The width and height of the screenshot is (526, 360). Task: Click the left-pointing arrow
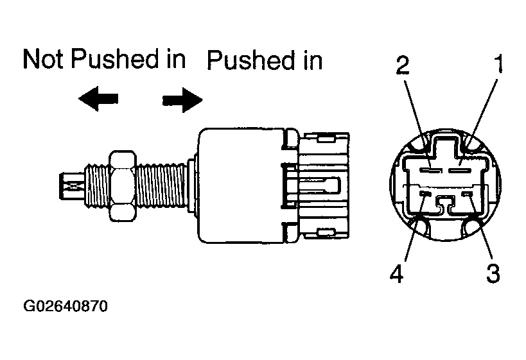(x=98, y=98)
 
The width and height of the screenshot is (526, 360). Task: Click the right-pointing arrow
(x=182, y=100)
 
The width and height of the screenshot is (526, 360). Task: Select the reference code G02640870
(x=66, y=305)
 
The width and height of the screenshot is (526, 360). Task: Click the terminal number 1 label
(x=499, y=64)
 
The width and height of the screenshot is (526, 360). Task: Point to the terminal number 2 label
(x=403, y=65)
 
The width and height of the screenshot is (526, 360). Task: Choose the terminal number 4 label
(x=397, y=273)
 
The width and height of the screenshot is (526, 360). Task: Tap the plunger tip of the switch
(x=71, y=186)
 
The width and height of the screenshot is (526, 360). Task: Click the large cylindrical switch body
(x=241, y=185)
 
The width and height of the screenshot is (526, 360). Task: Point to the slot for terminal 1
(x=460, y=171)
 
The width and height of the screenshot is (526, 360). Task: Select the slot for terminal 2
(x=430, y=171)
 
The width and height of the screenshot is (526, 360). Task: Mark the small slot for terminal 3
(x=467, y=194)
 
